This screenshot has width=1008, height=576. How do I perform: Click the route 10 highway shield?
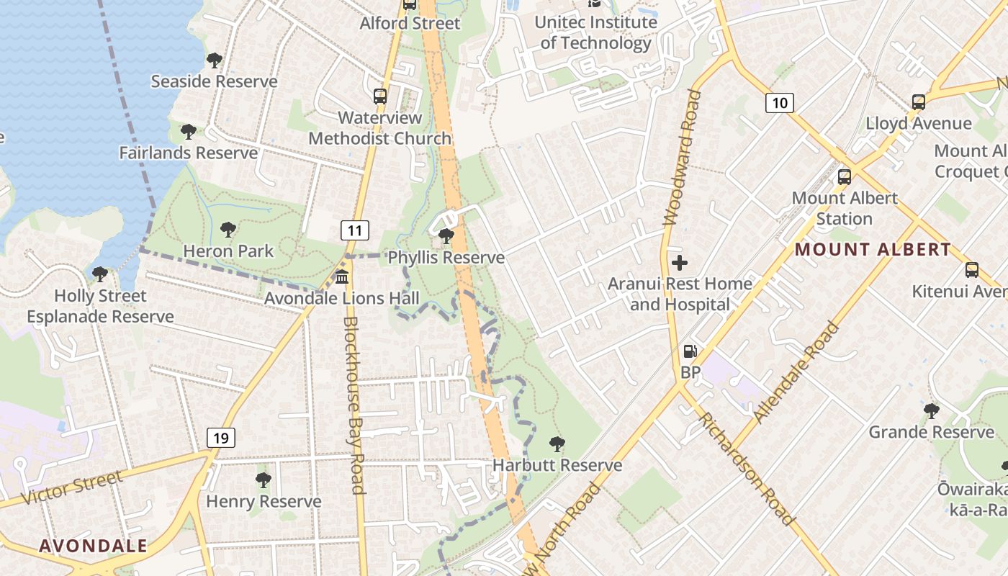point(779,103)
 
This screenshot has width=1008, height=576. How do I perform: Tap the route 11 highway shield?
point(354,230)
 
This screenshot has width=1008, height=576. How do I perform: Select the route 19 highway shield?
point(221,437)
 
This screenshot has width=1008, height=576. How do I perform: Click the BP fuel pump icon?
point(690,351)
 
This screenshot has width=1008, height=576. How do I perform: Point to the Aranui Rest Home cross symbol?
point(679,263)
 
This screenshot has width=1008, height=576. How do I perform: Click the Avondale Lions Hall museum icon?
point(342,276)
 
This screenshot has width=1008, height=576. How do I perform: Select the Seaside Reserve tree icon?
point(214,60)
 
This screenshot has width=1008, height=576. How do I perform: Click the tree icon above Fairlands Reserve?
point(188,132)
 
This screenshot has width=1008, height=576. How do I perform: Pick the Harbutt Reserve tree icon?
point(557,444)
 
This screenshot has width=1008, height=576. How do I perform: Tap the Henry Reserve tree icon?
point(264,480)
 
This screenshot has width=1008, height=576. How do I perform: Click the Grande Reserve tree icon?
point(931,411)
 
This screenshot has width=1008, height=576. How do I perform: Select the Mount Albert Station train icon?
point(844,176)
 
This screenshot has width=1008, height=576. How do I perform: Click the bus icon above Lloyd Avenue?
point(918,102)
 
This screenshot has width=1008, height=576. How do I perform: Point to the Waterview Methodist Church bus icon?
point(379,96)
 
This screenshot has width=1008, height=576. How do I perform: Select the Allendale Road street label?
point(796,372)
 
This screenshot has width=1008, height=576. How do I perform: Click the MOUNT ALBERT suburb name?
point(873,250)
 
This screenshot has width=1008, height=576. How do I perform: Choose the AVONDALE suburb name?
point(93,546)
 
